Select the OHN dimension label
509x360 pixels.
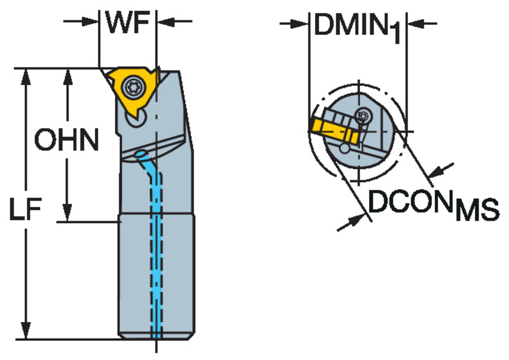point(67,139)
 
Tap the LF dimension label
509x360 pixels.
point(25,208)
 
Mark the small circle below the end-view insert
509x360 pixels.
point(345,148)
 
